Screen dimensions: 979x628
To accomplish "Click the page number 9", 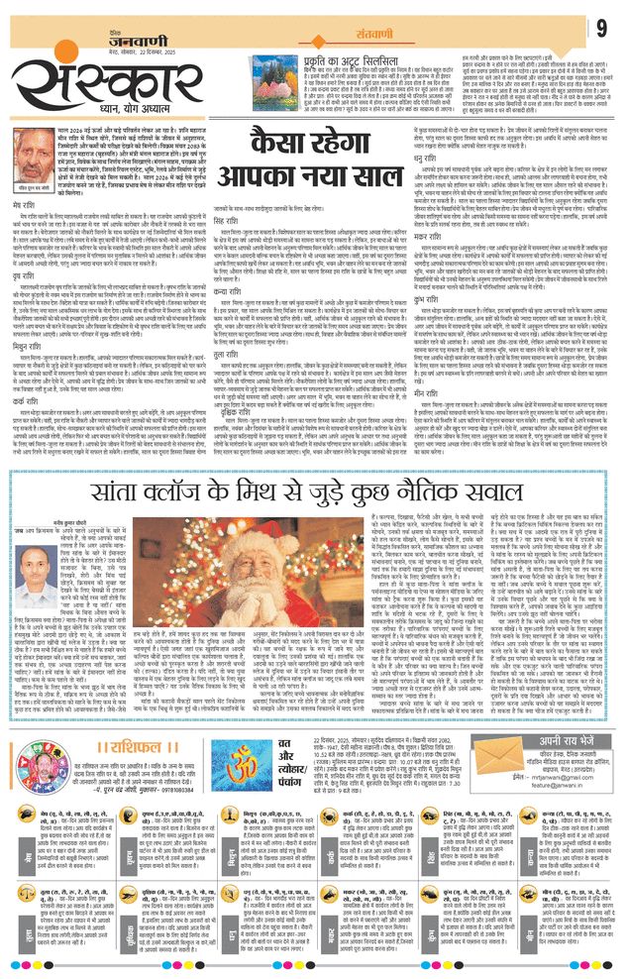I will (600, 26).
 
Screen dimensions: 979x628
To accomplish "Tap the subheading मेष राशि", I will (31, 208).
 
